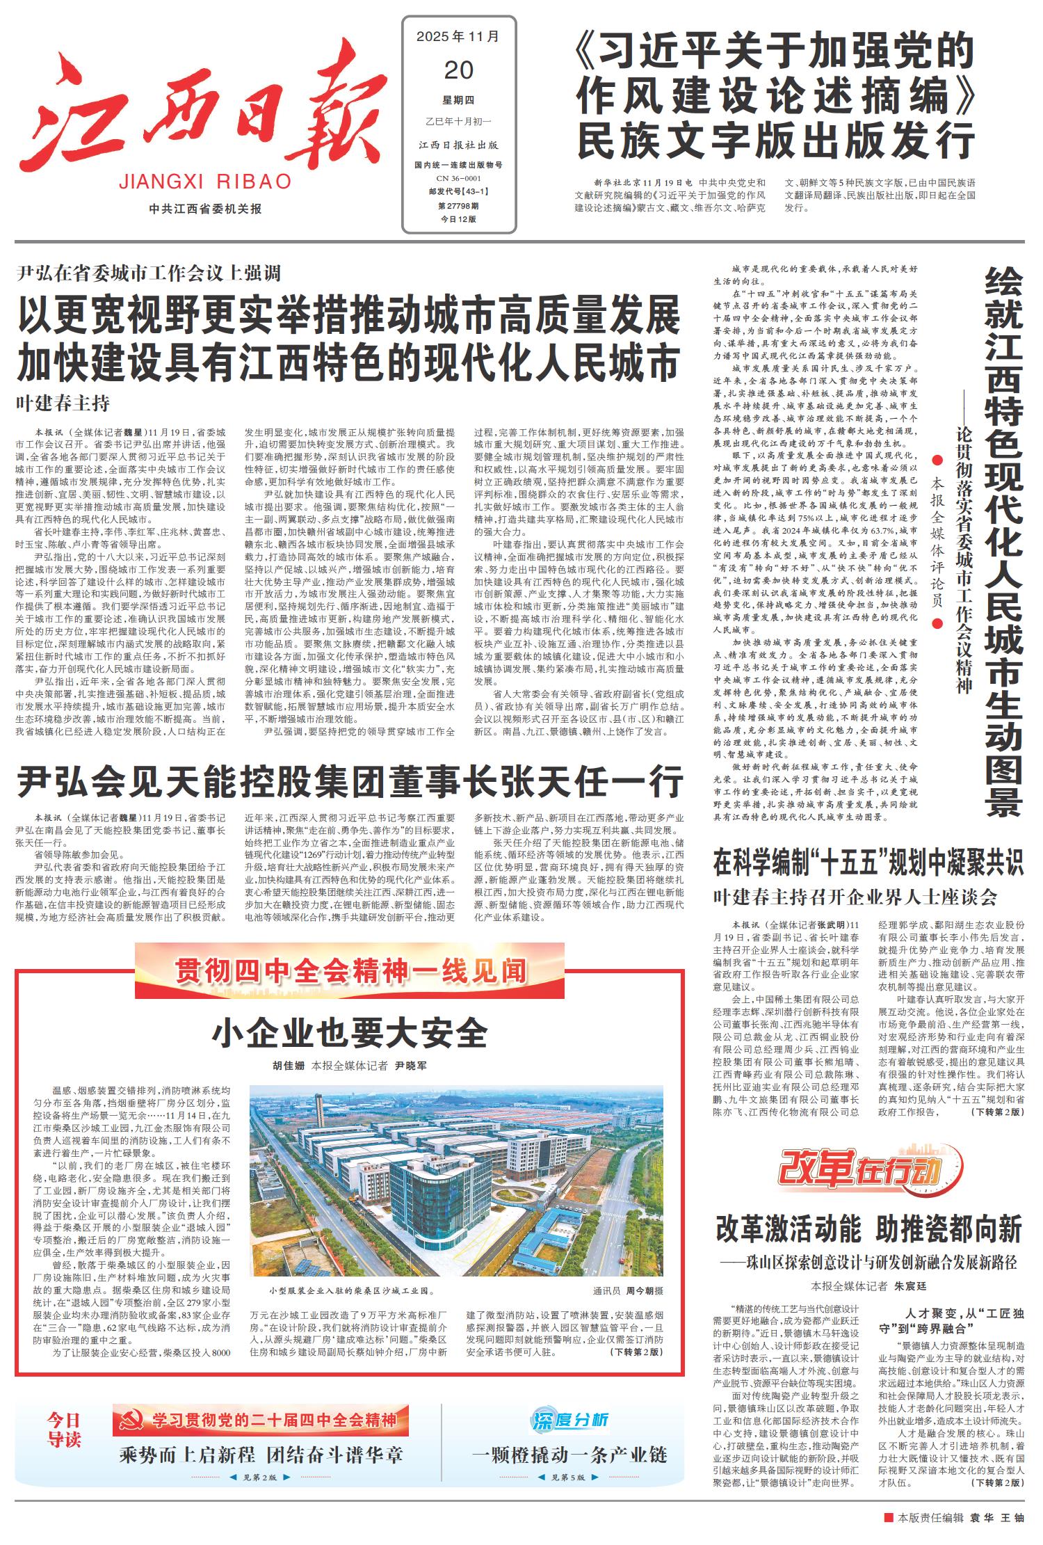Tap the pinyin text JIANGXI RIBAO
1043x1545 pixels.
coord(205,182)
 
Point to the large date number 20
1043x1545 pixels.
coord(458,70)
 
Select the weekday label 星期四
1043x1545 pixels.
coord(458,100)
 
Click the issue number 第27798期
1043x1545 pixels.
coord(458,206)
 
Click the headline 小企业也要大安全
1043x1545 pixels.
coord(350,1033)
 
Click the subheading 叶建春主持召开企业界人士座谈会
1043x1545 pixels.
coord(855,897)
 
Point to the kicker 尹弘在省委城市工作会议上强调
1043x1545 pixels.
coord(149,273)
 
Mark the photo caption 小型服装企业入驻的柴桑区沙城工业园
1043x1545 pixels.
coord(352,1291)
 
